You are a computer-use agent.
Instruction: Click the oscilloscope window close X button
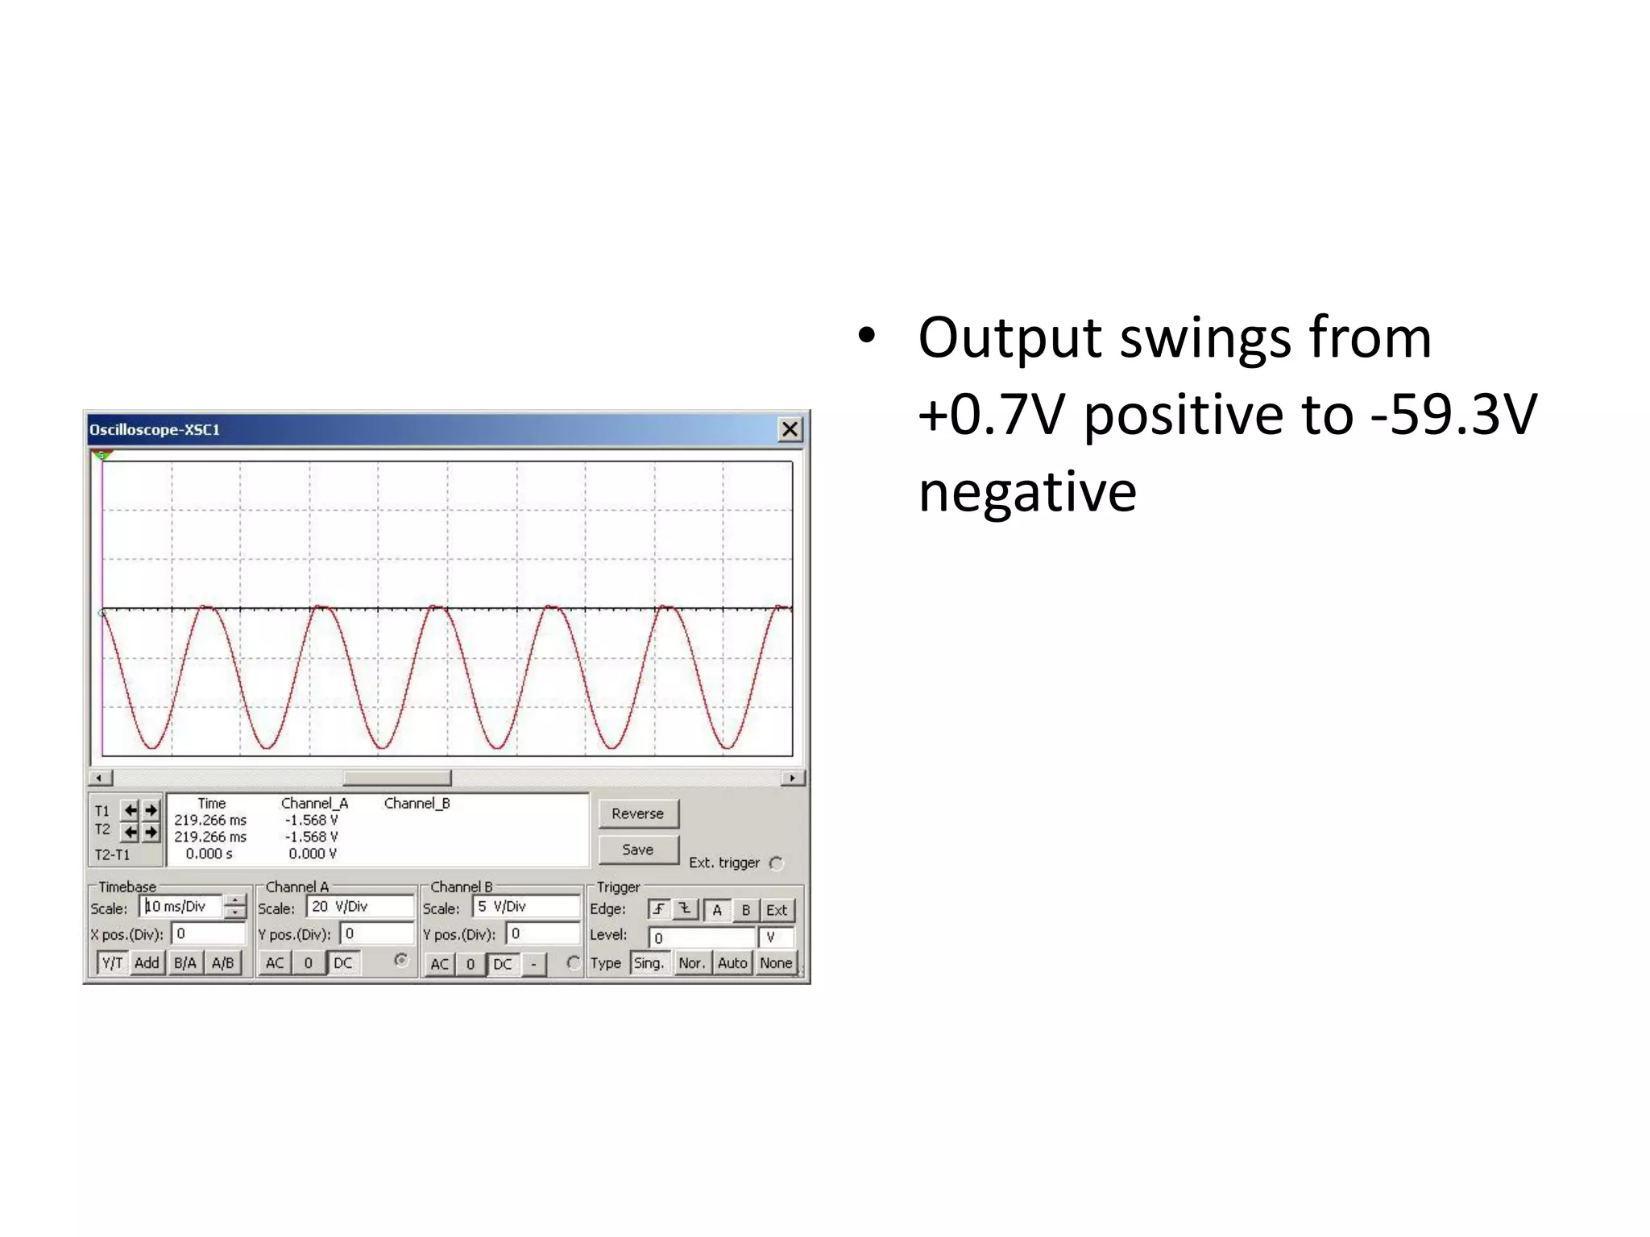790,429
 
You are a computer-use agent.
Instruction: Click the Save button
638,850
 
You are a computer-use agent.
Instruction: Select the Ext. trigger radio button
777,863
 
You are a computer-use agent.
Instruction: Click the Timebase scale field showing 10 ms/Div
182,907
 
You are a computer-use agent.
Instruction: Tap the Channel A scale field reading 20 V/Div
359,907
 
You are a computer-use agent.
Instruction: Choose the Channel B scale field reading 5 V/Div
525,907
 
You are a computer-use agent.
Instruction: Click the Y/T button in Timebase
112,963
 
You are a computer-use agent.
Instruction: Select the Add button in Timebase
147,963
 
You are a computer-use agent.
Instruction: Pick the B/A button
185,963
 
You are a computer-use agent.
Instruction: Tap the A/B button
222,963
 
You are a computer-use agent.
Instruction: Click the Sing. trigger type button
649,963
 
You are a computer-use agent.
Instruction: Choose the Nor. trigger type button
691,963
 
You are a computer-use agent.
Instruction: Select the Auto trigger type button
732,963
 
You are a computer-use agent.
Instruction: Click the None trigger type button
776,963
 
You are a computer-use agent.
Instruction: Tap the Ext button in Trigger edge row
777,910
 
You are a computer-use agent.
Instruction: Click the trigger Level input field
702,937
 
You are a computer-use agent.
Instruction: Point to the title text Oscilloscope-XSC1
155,430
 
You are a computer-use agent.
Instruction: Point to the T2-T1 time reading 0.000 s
209,854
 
